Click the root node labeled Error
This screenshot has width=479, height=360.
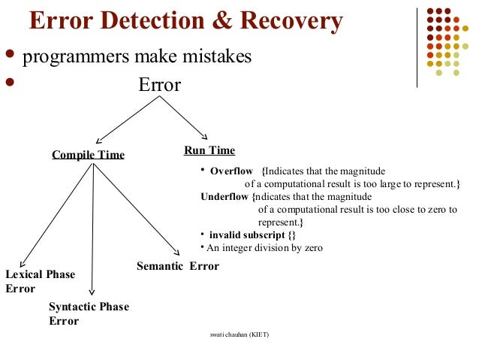(159, 85)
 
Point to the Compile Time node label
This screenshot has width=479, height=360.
(88, 155)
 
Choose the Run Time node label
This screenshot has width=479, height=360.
(209, 150)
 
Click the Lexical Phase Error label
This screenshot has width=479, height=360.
(40, 281)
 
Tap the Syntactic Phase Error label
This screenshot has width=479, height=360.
(89, 313)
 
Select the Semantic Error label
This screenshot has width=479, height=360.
(178, 266)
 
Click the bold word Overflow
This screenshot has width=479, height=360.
(231, 171)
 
